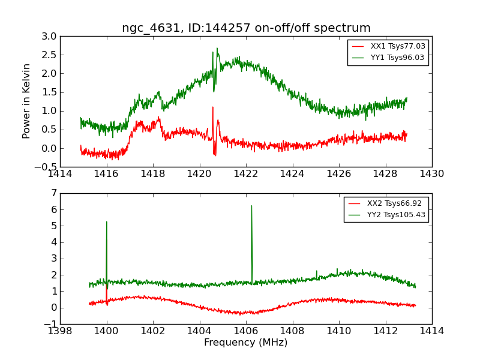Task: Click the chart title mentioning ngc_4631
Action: click(246, 28)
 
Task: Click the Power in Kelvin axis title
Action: click(27, 101)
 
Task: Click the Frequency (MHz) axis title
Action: click(246, 343)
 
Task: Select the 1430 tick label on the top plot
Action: click(432, 174)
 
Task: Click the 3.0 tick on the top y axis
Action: click(49, 37)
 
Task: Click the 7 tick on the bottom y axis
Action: click(54, 193)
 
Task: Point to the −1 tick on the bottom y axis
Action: click(51, 324)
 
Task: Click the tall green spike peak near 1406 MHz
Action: click(251, 206)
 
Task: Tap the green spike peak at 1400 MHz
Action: click(107, 222)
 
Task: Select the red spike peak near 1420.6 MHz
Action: click(212, 107)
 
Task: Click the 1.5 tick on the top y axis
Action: click(49, 92)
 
